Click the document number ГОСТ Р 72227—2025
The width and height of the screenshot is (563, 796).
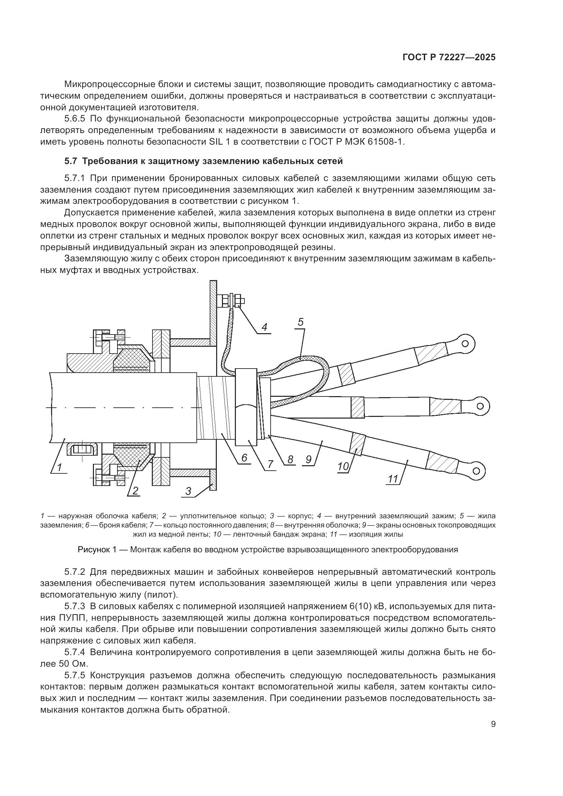[x=449, y=58]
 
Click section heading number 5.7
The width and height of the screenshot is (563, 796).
[x=72, y=161]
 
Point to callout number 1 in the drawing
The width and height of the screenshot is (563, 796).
[x=59, y=467]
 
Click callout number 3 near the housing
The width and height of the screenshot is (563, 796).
[x=188, y=491]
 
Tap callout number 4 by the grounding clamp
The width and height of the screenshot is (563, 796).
[x=264, y=327]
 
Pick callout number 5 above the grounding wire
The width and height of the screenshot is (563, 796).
[x=301, y=322]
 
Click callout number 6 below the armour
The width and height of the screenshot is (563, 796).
[x=244, y=458]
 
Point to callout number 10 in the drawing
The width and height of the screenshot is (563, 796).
[x=343, y=466]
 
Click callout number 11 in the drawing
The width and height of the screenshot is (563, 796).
[x=392, y=479]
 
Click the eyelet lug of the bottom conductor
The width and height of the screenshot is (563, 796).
[x=476, y=470]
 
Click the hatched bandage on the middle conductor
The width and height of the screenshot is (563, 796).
[x=357, y=407]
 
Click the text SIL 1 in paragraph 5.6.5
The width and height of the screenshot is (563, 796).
[x=219, y=142]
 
